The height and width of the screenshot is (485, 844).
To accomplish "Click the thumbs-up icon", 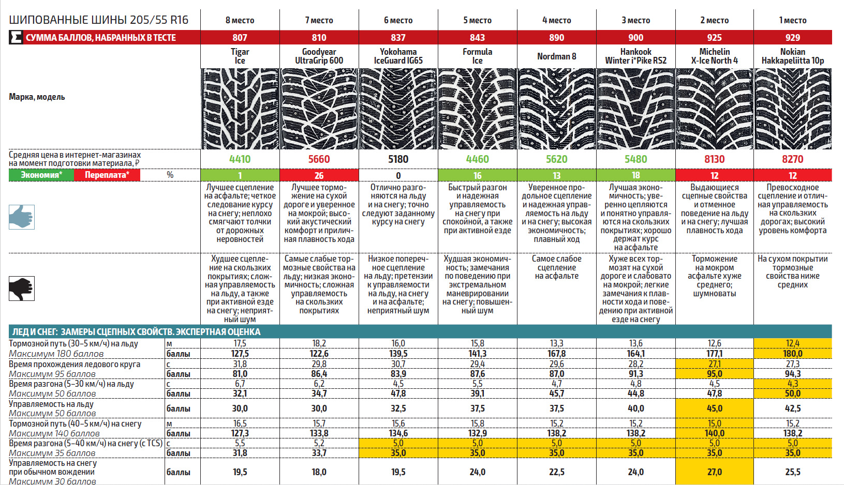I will pyautogui.click(x=22, y=217).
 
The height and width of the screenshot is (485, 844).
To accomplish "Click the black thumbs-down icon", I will pyautogui.click(x=22, y=289).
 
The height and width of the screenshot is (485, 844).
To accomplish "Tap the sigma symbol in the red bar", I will pyautogui.click(x=16, y=37).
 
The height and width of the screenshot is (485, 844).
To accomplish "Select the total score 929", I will pyautogui.click(x=792, y=37).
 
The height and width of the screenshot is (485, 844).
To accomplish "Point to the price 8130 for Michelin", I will pyautogui.click(x=714, y=159).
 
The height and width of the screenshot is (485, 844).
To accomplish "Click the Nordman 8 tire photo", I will pyautogui.click(x=556, y=109).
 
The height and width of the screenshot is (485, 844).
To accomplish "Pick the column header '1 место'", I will pyautogui.click(x=792, y=20).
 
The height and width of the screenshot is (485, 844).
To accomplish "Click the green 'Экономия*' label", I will pyautogui.click(x=41, y=175).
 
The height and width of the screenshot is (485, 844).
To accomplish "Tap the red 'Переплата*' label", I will pyautogui.click(x=107, y=175).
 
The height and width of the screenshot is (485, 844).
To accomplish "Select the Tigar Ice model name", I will pyautogui.click(x=240, y=56).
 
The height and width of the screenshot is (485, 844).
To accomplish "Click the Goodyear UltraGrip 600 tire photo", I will pyautogui.click(x=319, y=109).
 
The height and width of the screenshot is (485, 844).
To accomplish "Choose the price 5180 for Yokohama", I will pyautogui.click(x=398, y=159).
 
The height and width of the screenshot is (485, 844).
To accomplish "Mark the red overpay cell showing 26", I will pyautogui.click(x=319, y=175).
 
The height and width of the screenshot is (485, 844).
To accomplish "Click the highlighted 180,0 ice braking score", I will pyautogui.click(x=792, y=354).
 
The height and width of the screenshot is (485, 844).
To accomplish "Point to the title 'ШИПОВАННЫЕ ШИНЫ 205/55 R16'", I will pyautogui.click(x=98, y=20).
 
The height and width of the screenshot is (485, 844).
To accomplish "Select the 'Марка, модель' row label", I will pyautogui.click(x=37, y=97).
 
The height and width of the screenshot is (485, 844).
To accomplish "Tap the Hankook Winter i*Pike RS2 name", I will pyautogui.click(x=635, y=56).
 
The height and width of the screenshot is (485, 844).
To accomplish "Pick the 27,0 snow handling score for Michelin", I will pyautogui.click(x=714, y=472).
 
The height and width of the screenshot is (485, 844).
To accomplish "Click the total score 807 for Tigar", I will pyautogui.click(x=240, y=37).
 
